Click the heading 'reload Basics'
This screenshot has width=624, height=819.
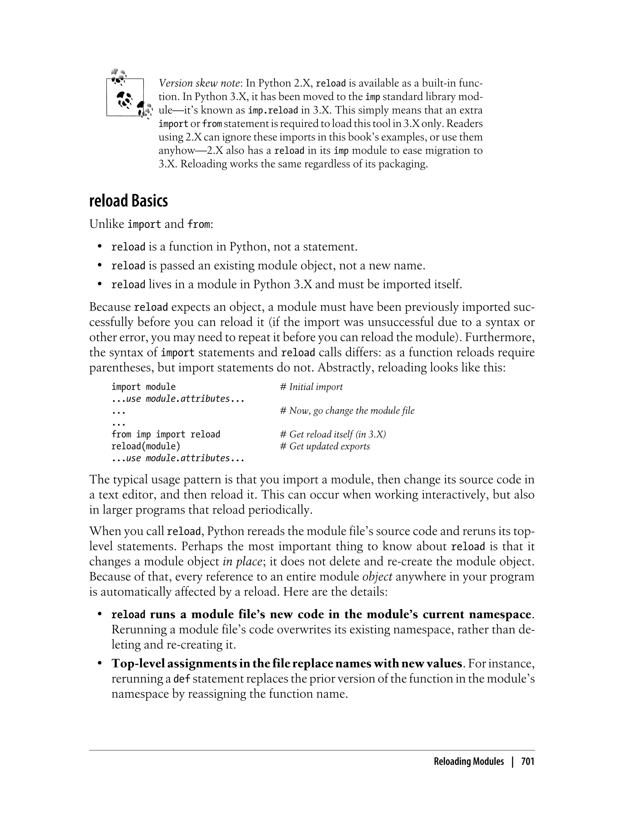129,201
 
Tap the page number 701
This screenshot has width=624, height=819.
527,761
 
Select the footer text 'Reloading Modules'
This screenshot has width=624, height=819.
469,761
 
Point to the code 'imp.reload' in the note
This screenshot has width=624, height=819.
273,110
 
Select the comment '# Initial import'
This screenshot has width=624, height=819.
311,387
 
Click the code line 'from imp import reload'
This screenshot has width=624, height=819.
166,434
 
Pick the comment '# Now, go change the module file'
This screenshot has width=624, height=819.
347,410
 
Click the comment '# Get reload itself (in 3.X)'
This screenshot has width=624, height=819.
333,434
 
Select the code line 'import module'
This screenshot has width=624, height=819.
144,387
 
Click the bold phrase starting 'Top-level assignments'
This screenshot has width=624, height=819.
287,663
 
